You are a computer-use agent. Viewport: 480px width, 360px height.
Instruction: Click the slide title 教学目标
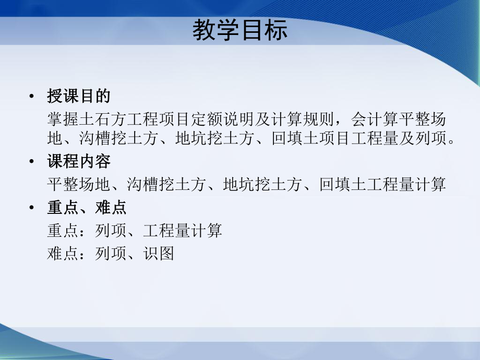239,31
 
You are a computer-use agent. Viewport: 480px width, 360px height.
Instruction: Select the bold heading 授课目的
79,97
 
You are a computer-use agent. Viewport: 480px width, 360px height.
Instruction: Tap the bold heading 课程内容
79,162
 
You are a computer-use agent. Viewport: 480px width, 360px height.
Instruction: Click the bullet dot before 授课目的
33,97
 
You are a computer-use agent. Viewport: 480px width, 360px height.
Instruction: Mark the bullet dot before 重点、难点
33,208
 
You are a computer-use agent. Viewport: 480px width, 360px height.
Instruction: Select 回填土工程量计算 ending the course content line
382,185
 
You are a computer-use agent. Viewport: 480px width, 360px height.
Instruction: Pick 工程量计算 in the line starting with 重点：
182,231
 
